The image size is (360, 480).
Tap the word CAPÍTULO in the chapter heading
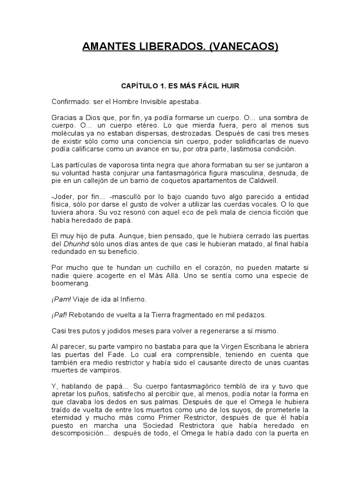click(x=140, y=87)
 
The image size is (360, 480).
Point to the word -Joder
click(x=61, y=197)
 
